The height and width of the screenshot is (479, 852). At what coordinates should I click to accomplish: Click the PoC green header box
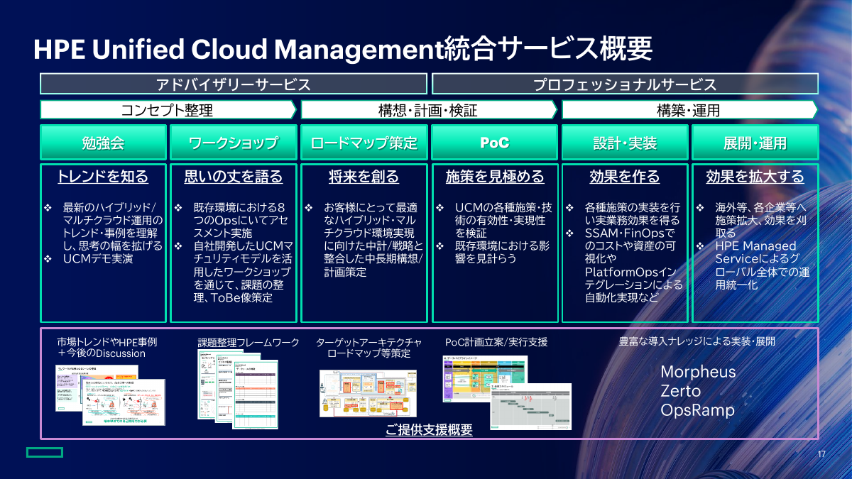click(x=494, y=143)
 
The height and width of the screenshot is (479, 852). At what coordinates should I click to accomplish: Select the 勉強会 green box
click(x=103, y=143)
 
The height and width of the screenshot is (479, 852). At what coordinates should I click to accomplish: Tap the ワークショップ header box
click(x=233, y=143)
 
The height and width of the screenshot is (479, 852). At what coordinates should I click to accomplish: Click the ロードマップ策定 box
click(x=364, y=143)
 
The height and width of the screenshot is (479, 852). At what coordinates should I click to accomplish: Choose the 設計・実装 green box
click(x=625, y=143)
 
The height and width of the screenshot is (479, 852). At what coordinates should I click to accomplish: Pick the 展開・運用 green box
click(x=755, y=143)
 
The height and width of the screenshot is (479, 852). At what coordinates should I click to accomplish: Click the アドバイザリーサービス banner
click(x=233, y=84)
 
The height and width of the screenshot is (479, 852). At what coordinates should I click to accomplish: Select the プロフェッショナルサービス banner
click(x=625, y=84)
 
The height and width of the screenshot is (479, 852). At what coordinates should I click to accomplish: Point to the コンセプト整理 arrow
click(x=168, y=110)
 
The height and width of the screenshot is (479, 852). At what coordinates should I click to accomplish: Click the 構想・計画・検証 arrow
click(x=428, y=110)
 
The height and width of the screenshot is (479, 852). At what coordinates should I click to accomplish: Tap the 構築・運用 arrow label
click(x=688, y=110)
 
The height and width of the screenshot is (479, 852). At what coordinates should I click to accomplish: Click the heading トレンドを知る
click(x=103, y=177)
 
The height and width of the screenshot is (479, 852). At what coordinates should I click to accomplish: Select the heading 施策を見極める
click(x=494, y=177)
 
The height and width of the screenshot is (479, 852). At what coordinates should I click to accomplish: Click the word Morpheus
click(x=698, y=372)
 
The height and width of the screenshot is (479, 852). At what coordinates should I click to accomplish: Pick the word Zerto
click(x=680, y=391)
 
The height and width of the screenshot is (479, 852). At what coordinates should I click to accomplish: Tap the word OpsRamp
click(x=697, y=410)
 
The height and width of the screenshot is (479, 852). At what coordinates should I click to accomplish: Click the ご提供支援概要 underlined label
click(x=429, y=430)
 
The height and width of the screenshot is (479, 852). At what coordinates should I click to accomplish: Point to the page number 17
click(x=821, y=454)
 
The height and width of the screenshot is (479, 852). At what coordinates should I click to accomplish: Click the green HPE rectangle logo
click(x=45, y=452)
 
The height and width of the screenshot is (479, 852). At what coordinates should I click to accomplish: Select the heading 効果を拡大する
click(x=755, y=177)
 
